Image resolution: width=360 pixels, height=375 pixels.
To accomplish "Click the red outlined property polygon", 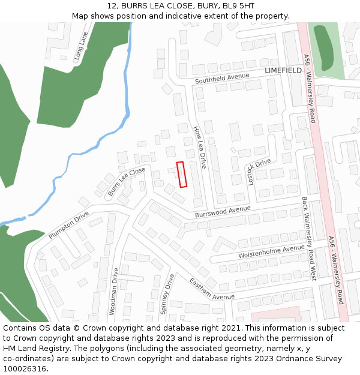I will [x=181, y=175].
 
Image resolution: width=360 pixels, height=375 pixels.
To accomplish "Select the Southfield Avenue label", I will [x=221, y=78].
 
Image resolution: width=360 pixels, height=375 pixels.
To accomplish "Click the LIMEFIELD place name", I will [x=283, y=70].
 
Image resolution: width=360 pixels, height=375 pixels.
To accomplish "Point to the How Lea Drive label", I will [x=200, y=147].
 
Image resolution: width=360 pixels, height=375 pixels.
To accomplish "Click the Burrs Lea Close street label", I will [x=127, y=182].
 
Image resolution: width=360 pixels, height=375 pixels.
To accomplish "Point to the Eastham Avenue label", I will [x=211, y=289].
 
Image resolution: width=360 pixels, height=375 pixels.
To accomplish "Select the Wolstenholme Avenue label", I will [x=271, y=251].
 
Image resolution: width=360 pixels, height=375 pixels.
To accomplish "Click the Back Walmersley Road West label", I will [x=308, y=239].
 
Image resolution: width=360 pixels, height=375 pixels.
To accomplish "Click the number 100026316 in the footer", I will [x=25, y=368].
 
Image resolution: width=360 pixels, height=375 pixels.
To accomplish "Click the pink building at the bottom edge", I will [x=275, y=315].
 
